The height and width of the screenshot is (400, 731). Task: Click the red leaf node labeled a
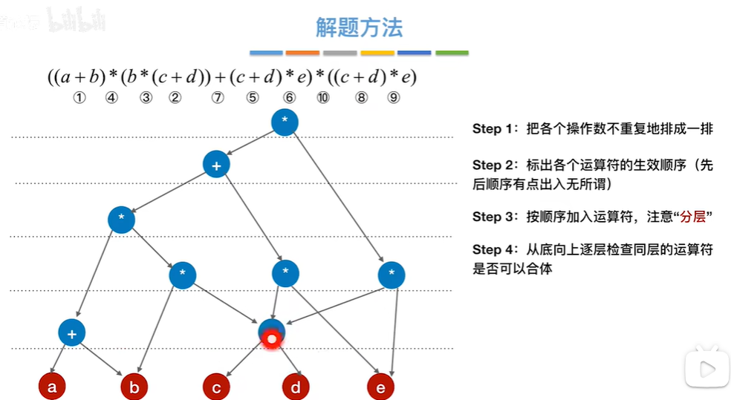tap(51, 387)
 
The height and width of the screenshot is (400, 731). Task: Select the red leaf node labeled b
tap(134, 387)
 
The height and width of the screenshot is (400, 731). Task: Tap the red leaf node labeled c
tap(216, 387)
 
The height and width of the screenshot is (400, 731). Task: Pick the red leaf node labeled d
tap(296, 387)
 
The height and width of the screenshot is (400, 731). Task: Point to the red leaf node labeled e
tap(380, 387)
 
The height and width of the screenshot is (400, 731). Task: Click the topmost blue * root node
tap(285, 122)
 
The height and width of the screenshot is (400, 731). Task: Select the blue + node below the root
tap(216, 165)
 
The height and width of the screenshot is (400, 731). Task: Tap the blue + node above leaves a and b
tap(72, 333)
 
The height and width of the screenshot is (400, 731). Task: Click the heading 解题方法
tap(359, 28)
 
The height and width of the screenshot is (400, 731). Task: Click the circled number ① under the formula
tap(79, 97)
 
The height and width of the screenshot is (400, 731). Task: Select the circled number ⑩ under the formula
tap(322, 97)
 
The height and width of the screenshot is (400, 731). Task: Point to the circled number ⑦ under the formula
tap(217, 97)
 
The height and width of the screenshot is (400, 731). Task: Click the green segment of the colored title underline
tap(452, 53)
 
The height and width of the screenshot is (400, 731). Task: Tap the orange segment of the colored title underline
tap(302, 53)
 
